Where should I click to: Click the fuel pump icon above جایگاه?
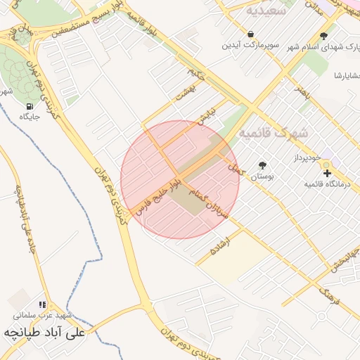coord(29,107)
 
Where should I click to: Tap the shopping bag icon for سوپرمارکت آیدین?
coord(251,34)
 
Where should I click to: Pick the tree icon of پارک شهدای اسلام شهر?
coord(323,37)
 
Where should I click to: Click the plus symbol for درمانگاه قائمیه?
coord(326,172)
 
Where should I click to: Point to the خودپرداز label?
coord(327,160)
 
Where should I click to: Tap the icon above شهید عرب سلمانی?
coord(43,305)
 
